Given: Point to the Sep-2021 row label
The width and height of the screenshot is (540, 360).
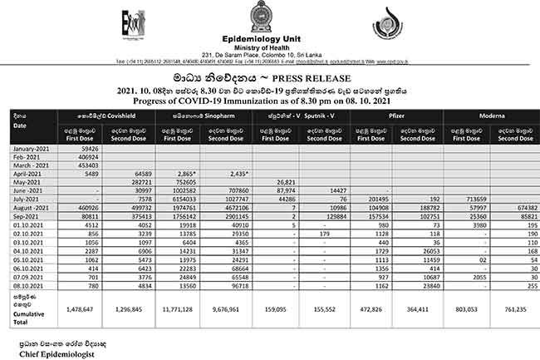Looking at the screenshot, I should (x=28, y=215).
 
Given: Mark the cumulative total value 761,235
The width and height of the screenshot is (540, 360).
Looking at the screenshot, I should (x=516, y=308).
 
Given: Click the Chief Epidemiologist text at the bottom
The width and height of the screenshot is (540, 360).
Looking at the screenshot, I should (x=56, y=353).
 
